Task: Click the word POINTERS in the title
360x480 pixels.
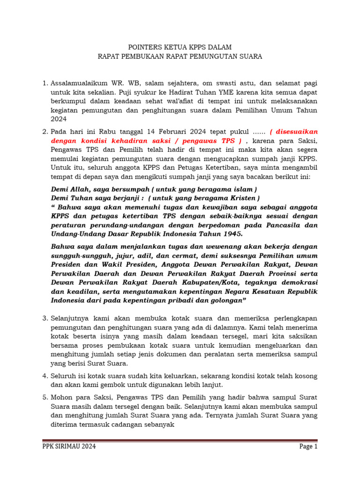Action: point(144,47)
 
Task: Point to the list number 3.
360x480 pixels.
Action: point(45,318)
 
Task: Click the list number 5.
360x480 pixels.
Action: point(45,397)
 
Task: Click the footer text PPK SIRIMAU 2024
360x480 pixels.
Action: point(69,447)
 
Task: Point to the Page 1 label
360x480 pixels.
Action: point(308,447)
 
